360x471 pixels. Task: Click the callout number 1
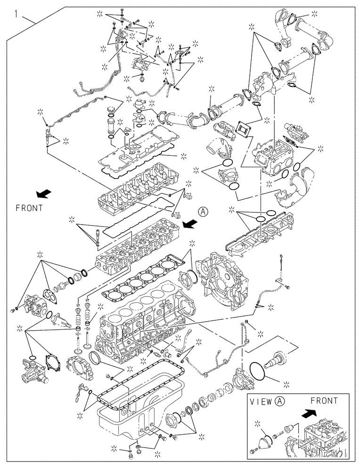(17, 15)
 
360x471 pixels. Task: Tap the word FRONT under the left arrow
(29, 207)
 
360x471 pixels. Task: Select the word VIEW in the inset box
(261, 402)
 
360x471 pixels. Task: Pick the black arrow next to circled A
(189, 224)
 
